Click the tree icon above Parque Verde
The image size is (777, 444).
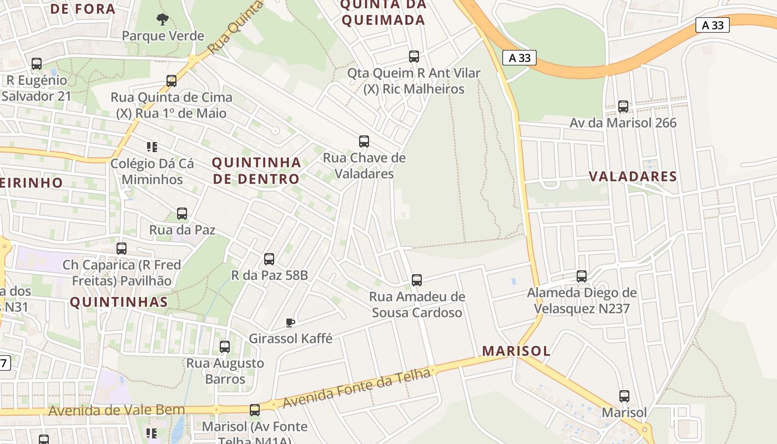(162, 20)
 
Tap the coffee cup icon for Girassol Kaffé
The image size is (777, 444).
(290, 322)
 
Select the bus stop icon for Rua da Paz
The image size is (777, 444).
(182, 214)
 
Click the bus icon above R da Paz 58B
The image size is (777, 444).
(269, 259)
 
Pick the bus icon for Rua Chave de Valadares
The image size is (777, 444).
(364, 142)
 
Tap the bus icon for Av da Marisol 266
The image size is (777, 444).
(623, 107)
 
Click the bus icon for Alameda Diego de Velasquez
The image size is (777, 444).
(582, 276)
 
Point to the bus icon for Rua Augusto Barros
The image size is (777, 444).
(225, 347)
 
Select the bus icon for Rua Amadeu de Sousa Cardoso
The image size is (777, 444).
(417, 280)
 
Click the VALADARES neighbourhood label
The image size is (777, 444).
(633, 177)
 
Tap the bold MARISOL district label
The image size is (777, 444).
(516, 351)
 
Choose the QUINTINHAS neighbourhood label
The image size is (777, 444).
(119, 302)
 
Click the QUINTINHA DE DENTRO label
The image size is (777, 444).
(256, 171)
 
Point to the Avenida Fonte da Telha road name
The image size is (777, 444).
(356, 389)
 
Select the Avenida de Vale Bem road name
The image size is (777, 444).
(117, 410)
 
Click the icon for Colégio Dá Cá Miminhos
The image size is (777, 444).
(152, 147)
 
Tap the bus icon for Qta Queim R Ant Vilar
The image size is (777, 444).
(414, 57)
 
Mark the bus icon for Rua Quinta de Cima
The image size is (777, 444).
(171, 81)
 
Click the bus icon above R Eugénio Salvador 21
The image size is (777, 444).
(37, 64)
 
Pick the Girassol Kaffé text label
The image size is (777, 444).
(290, 339)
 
